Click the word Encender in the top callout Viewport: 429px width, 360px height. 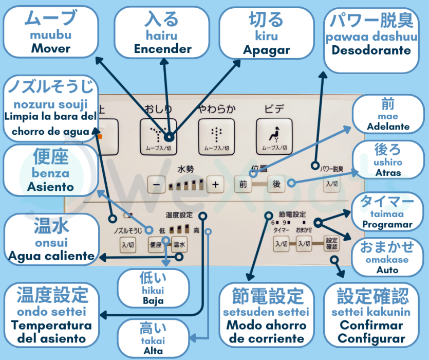pos(162,49)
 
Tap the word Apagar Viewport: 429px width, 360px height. pos(267,50)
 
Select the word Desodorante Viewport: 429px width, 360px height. pos(371,50)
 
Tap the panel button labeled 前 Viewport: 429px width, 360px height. pos(243,184)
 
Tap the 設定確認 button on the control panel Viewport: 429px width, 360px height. pos(332,243)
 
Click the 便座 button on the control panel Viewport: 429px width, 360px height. pos(156,244)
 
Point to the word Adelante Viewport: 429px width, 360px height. pos(388,127)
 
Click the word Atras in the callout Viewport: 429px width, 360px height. pos(388,173)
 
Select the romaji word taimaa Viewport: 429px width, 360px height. pos(388,214)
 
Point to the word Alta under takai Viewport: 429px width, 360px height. pos(153,351)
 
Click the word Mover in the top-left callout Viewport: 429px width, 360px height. pos(50,49)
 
